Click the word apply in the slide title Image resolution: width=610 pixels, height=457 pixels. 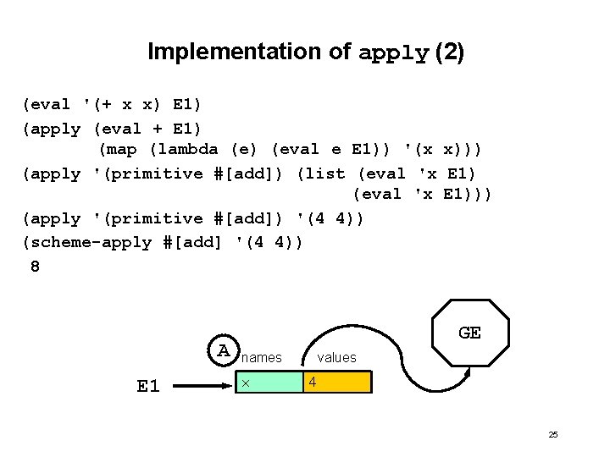394,52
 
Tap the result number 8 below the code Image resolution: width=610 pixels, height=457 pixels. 35,266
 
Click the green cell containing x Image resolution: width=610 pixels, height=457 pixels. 269,383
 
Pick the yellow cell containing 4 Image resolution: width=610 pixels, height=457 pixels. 337,383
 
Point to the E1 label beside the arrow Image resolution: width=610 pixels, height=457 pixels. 148,386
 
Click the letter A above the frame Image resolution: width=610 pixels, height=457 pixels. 224,350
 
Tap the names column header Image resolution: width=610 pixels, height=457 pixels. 262,358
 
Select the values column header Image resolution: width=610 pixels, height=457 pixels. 336,358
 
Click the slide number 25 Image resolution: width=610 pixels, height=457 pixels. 553,434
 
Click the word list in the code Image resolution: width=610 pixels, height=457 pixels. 325,173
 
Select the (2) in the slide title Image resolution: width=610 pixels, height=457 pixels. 449,52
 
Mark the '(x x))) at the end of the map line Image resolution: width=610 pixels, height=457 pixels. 444,151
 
